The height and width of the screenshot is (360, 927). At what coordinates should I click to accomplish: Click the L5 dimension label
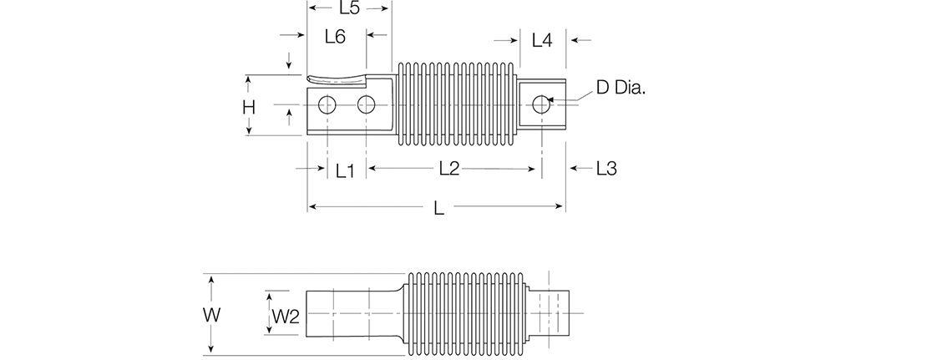[349, 9]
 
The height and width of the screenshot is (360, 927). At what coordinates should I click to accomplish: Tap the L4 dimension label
[542, 39]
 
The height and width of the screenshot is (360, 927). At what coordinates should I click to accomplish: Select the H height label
[249, 107]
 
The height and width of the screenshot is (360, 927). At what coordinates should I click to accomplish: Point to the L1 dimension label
[346, 170]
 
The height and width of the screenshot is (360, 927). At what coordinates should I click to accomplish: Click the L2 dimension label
[449, 169]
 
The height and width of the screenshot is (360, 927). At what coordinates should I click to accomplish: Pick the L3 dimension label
[606, 169]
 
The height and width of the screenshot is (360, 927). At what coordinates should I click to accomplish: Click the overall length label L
[439, 209]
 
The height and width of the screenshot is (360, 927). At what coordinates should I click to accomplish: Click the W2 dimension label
[286, 316]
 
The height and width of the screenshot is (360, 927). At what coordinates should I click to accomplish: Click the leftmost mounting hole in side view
[327, 104]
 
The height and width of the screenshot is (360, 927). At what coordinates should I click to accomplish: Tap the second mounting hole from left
[367, 104]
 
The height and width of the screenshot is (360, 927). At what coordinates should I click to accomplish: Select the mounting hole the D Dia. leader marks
[541, 104]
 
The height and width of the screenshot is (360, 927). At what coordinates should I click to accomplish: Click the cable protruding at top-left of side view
[338, 79]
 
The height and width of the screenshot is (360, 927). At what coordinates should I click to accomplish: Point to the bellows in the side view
[455, 105]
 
